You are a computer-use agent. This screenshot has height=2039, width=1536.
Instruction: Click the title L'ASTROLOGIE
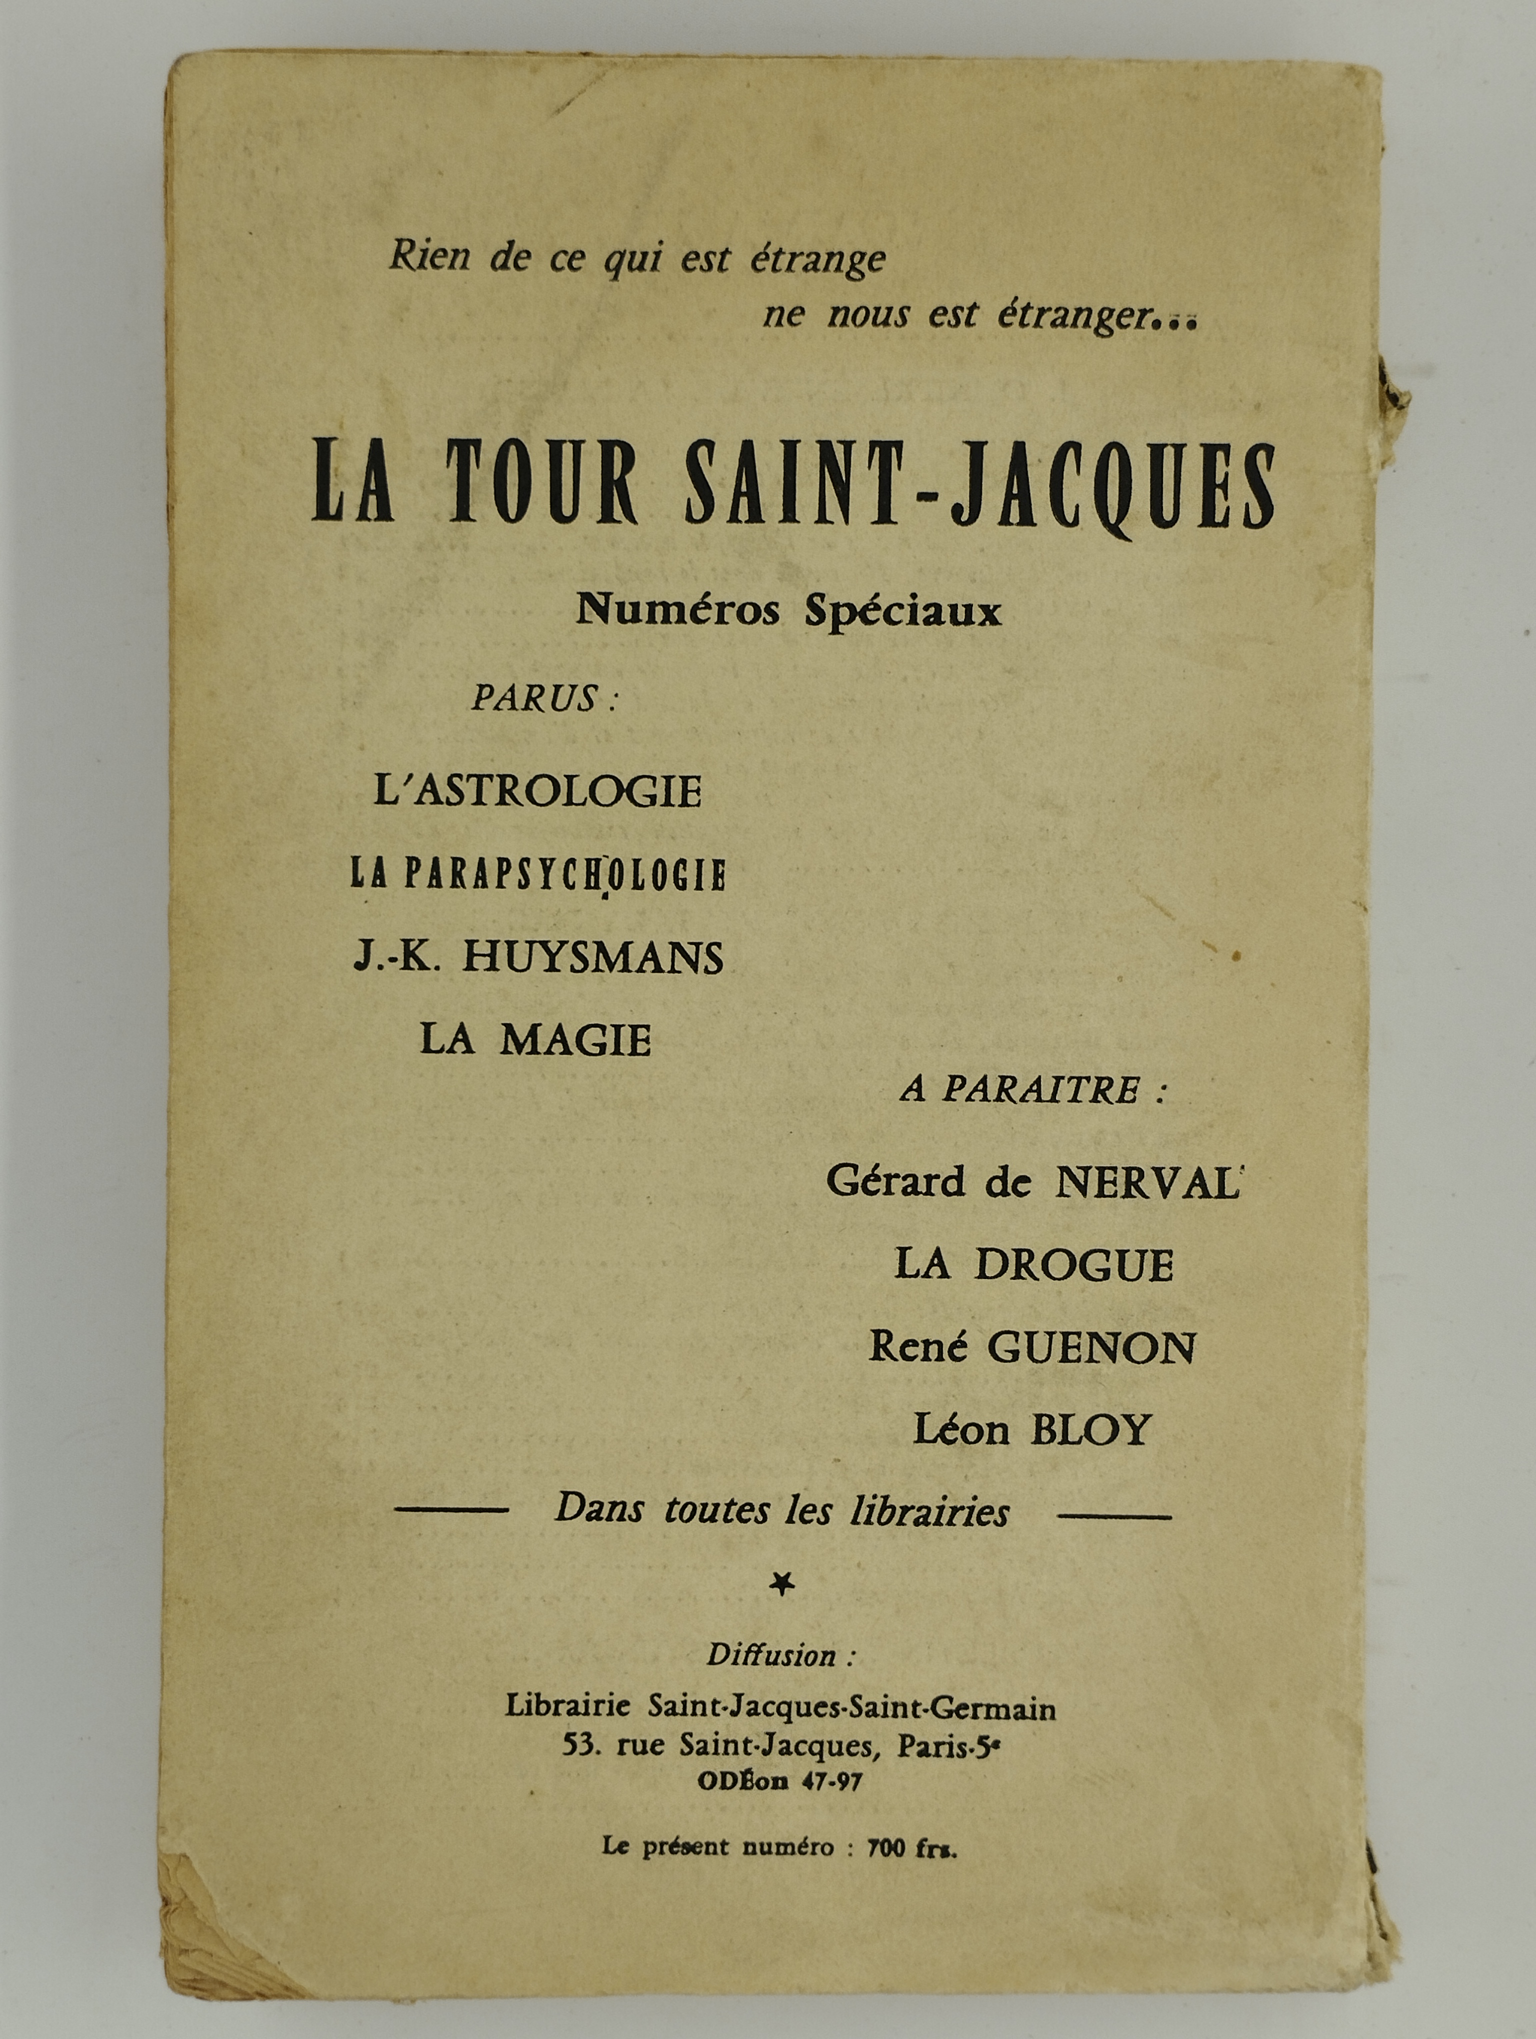(x=537, y=791)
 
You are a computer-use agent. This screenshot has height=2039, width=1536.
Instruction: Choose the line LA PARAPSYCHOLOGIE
(x=537, y=874)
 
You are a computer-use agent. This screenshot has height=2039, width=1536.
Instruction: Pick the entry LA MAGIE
(x=535, y=1040)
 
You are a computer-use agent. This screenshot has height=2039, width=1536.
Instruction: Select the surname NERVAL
(x=1147, y=1182)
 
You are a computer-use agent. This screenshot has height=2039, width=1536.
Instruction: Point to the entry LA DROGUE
(x=1033, y=1265)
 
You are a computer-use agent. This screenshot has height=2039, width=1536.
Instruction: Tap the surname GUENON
(x=1091, y=1348)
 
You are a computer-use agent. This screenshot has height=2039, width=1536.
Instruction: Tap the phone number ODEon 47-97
(x=780, y=1781)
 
